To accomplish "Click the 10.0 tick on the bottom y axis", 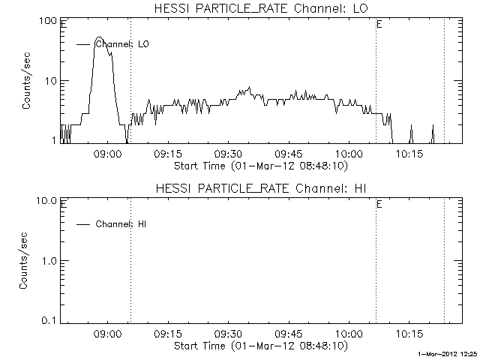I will [x=47, y=201].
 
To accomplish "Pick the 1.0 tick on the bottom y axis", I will [x=49, y=261].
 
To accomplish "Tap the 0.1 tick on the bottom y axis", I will [x=49, y=320].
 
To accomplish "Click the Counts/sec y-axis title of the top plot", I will [x=26, y=81].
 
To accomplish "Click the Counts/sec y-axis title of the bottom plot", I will [x=26, y=261].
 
